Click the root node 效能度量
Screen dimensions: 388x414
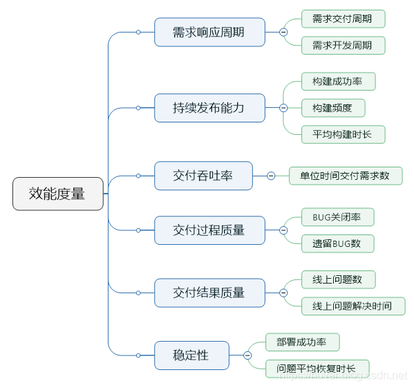click(x=58, y=194)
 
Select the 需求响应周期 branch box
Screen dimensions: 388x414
click(x=209, y=32)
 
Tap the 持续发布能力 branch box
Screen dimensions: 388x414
click(x=209, y=108)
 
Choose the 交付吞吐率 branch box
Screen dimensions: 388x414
click(x=203, y=176)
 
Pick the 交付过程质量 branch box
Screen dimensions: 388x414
click(x=209, y=230)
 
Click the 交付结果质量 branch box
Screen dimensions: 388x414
click(x=209, y=293)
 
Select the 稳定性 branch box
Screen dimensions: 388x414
click(x=191, y=355)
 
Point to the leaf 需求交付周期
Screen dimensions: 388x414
click(x=343, y=19)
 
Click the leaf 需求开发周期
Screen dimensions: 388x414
click(x=343, y=46)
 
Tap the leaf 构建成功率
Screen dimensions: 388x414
click(x=339, y=81)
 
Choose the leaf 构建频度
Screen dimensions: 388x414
click(x=333, y=108)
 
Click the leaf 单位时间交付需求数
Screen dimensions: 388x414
click(x=345, y=176)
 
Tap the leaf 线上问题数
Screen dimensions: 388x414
click(x=339, y=279)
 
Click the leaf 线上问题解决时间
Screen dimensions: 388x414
click(x=353, y=306)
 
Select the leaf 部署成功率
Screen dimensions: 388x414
click(x=302, y=342)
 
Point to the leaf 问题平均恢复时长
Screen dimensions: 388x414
click(x=317, y=369)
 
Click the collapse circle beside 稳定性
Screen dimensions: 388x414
click(x=247, y=355)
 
